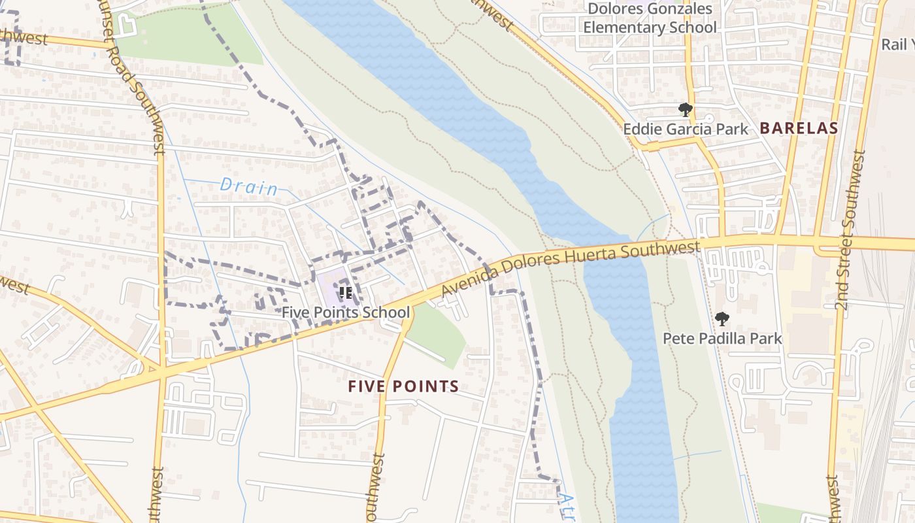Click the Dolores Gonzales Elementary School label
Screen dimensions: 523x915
tap(650, 18)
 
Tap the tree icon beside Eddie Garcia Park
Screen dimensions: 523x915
tap(685, 109)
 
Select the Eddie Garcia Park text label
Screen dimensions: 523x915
tap(685, 129)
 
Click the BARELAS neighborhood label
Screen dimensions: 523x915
tap(799, 128)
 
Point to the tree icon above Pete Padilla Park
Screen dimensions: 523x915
tap(722, 319)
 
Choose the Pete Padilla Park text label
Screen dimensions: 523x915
tap(722, 339)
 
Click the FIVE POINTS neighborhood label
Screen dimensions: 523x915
tap(403, 386)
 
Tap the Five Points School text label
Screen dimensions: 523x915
tap(346, 312)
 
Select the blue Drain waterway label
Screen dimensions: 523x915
tap(248, 187)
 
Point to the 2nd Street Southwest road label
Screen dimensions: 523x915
tap(850, 229)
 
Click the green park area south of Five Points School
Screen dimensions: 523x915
tap(438, 333)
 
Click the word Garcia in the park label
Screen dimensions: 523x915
tap(691, 129)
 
